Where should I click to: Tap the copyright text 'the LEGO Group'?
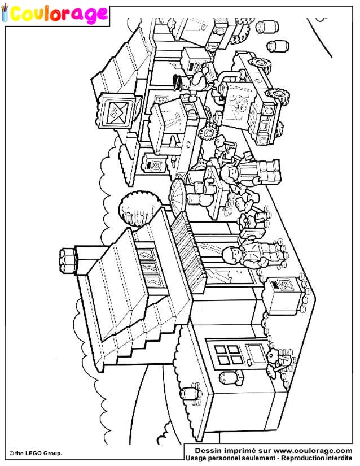point(38,453)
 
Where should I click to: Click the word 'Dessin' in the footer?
point(209,450)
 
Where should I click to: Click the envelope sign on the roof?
point(118,112)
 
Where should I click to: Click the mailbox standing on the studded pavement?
point(279,293)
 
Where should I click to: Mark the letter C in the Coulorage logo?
point(19,14)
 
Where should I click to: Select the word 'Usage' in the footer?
point(199,458)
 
